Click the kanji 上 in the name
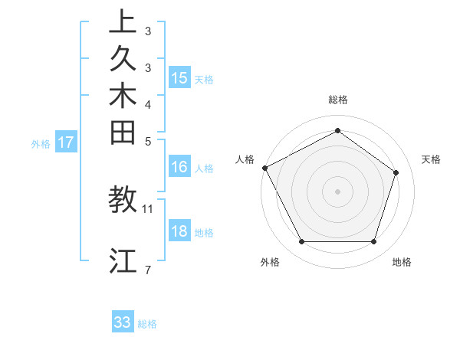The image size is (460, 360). pos(123,21)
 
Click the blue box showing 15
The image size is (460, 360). pos(179,78)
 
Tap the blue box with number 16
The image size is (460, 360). pos(179,167)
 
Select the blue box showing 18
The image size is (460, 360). pos(179,231)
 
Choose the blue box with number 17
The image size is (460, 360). pos(66,142)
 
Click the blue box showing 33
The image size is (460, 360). pos(123,322)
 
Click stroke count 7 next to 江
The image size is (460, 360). pos(147,270)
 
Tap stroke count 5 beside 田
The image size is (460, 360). pos(147,141)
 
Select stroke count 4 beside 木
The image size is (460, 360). pos(147,104)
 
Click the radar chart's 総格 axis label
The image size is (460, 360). pos(338,100)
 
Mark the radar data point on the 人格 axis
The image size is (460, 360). pos(264,168)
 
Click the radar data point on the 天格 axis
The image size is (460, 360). pos(396,172)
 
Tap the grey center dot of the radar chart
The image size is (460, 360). pos(337,191)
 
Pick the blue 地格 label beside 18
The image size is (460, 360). pos(205,233)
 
